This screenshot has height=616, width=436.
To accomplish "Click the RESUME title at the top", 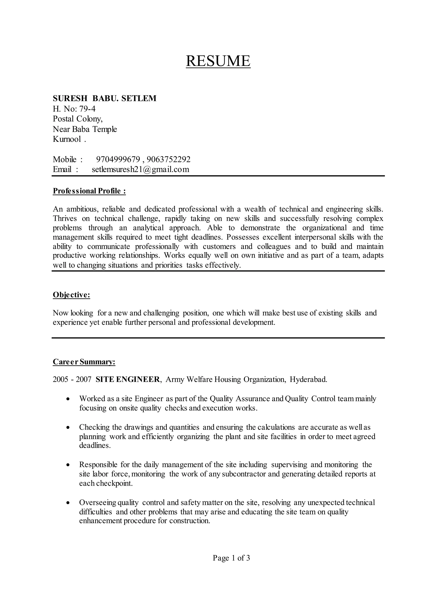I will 218,61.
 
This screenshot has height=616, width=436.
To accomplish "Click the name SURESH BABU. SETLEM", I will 105,99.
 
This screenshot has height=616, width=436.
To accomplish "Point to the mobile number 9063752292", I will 169,159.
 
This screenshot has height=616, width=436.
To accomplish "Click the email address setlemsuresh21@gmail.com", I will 141,169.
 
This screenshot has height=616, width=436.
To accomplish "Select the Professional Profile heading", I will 89,191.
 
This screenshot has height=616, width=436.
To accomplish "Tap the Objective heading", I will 71,295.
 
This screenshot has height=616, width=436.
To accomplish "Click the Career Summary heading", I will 84,362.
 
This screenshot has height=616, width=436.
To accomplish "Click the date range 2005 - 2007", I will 72,379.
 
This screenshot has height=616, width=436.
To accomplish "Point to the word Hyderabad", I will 308,379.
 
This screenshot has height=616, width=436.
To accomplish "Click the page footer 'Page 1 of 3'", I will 231,558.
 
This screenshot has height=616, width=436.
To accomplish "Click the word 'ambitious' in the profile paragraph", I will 82,209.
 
